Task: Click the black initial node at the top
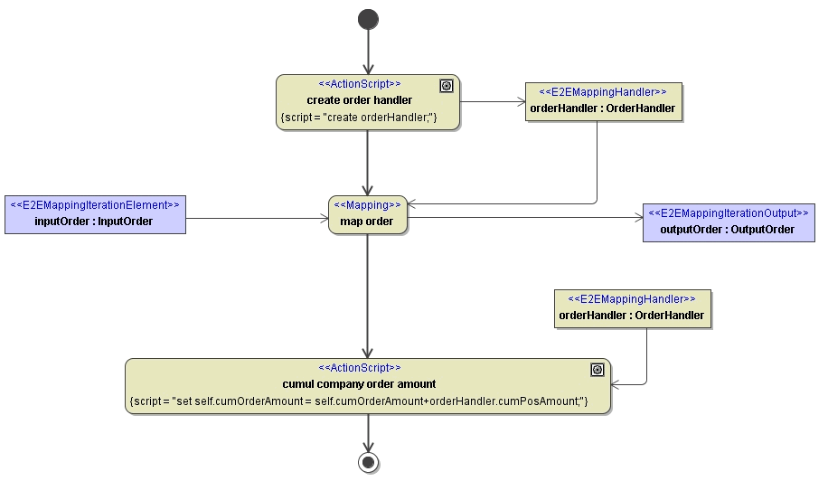pos(368,19)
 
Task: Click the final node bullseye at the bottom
pos(368,462)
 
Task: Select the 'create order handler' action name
pos(359,100)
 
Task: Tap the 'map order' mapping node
pos(367,221)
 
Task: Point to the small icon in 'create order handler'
pos(446,86)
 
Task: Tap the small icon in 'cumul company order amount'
pos(597,370)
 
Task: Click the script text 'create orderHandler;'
pos(359,118)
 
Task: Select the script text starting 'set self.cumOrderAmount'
pos(359,401)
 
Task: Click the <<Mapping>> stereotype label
pos(367,205)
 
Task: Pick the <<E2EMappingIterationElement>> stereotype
pos(95,205)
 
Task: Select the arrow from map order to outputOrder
pos(524,217)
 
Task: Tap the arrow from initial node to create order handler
pos(368,52)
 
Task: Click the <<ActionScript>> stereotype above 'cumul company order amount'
pos(359,368)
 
